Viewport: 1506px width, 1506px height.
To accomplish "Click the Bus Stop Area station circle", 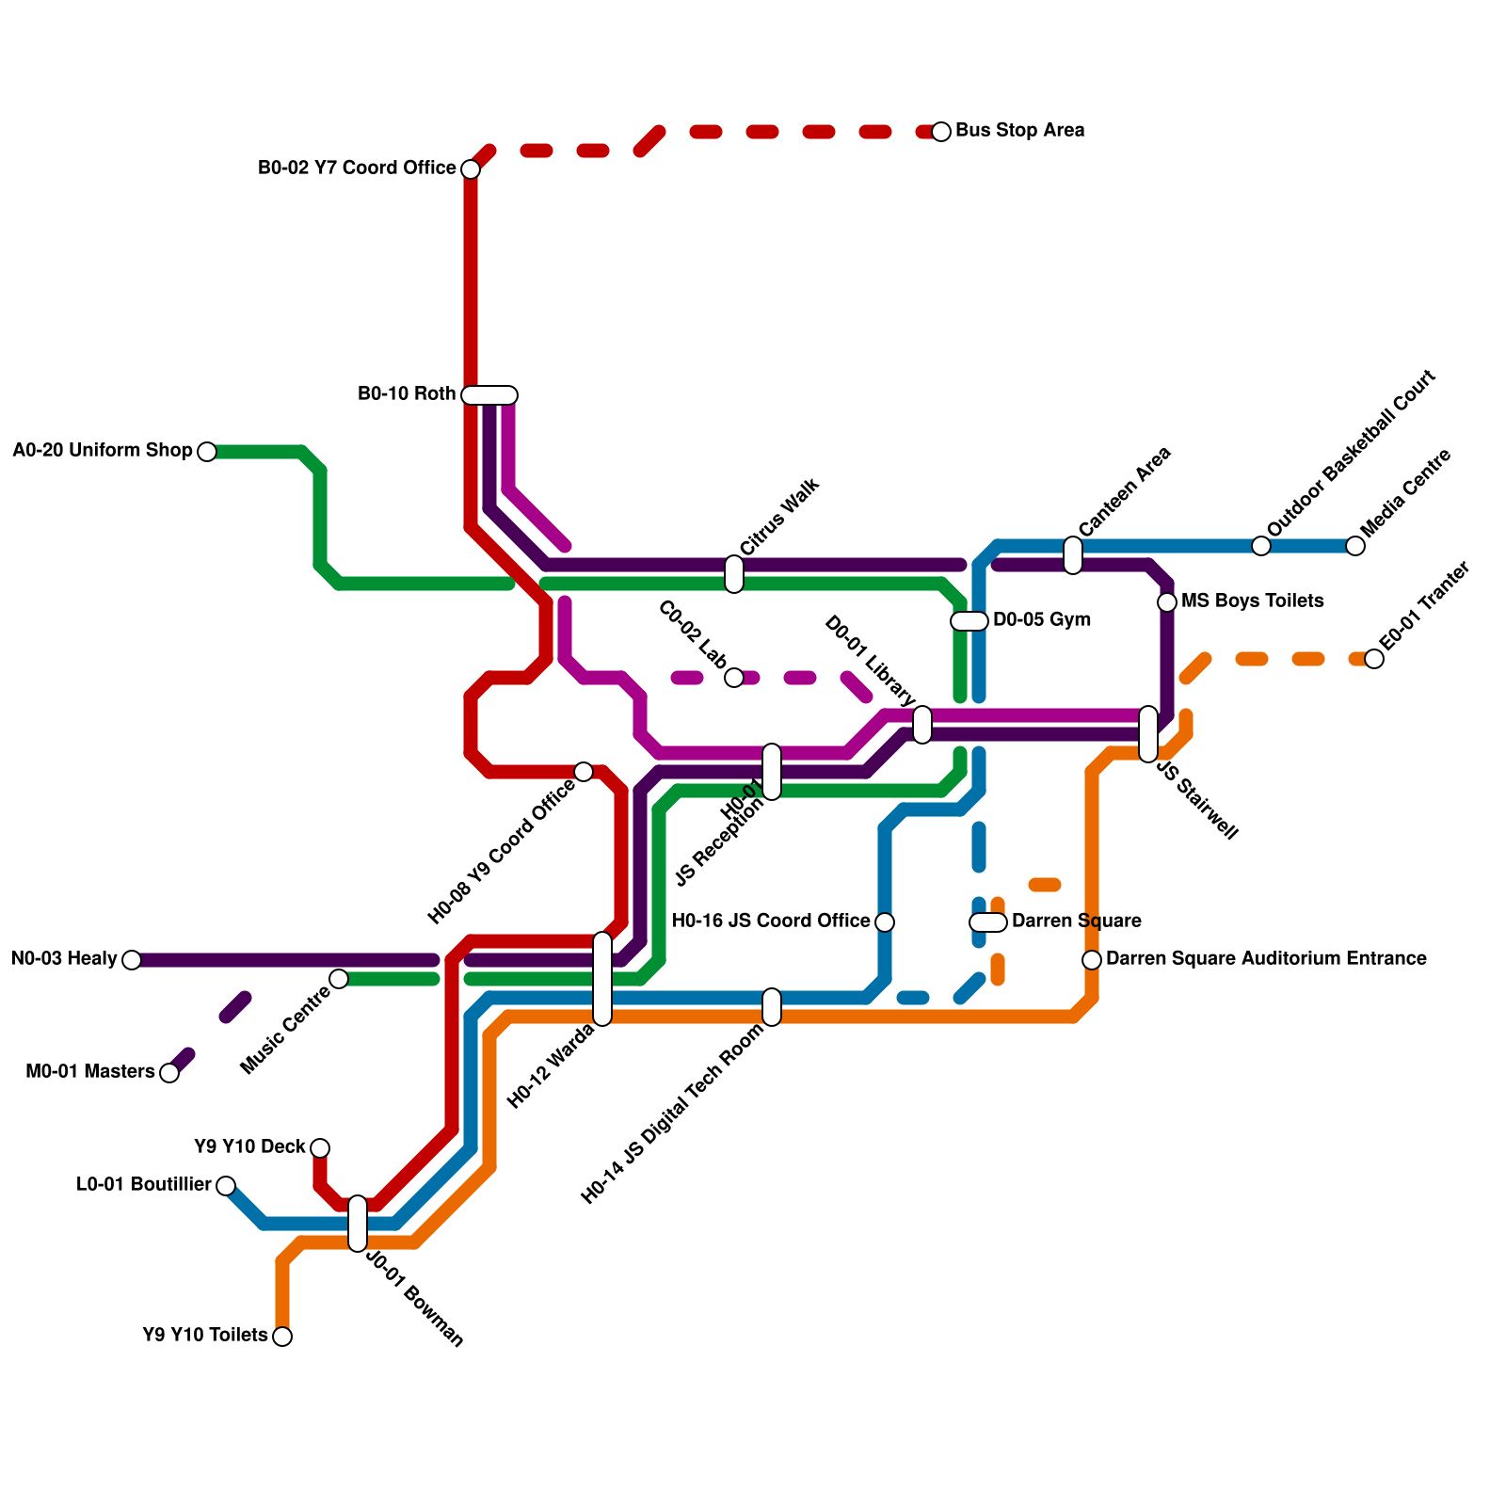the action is click(x=941, y=132).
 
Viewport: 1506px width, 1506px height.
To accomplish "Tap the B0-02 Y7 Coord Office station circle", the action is click(x=471, y=169).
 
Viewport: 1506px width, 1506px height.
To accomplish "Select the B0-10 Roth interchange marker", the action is click(x=489, y=395).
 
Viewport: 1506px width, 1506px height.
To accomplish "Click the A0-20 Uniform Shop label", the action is click(x=102, y=451).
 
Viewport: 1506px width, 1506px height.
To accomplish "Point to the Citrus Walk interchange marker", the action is click(x=734, y=574).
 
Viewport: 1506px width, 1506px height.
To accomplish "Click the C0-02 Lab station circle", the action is click(x=734, y=678).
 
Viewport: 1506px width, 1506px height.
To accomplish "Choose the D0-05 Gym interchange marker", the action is click(x=969, y=621).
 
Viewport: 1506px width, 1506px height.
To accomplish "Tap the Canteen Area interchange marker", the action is click(x=1073, y=555).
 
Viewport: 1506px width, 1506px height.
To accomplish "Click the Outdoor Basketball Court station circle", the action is click(x=1261, y=546).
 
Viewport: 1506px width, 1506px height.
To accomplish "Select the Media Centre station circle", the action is click(x=1355, y=546).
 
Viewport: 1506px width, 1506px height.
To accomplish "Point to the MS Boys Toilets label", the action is click(x=1252, y=601).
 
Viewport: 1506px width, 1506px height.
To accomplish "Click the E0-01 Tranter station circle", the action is click(x=1374, y=659).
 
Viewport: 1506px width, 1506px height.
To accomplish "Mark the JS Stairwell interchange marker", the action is click(x=1148, y=734).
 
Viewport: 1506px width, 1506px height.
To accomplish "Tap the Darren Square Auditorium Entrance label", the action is click(x=1266, y=959).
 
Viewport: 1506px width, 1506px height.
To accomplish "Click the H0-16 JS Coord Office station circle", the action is click(x=885, y=922).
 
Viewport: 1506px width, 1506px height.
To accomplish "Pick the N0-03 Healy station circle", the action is click(x=132, y=960).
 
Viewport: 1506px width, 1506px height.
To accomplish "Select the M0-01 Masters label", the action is click(x=89, y=1072).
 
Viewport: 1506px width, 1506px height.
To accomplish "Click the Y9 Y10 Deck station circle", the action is click(x=320, y=1148).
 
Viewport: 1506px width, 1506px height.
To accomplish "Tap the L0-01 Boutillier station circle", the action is click(x=226, y=1186).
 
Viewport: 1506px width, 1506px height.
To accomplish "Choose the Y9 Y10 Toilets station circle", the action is click(x=282, y=1337).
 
